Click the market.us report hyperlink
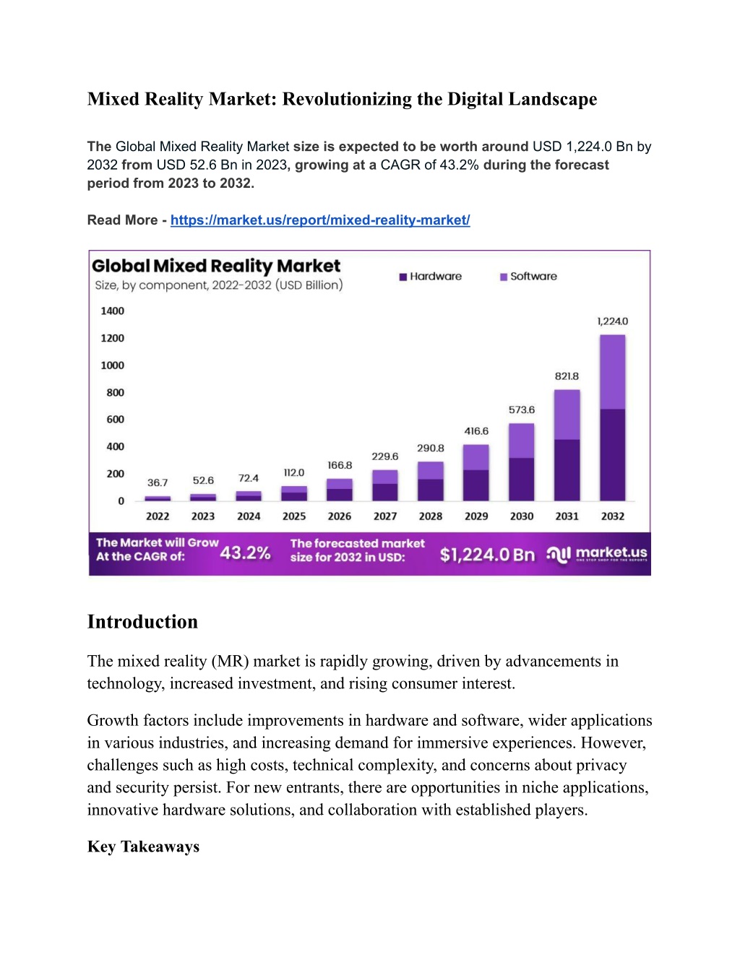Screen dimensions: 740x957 point(320,220)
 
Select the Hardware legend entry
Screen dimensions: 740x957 point(431,277)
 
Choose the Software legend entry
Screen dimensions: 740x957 point(528,277)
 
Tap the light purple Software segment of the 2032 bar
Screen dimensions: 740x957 point(612,372)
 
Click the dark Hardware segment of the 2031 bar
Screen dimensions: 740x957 point(567,470)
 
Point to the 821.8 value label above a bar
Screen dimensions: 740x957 point(567,376)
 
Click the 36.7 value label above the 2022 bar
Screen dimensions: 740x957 point(158,482)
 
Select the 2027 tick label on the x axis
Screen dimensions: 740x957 point(385,516)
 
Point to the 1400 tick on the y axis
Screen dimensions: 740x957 point(112,311)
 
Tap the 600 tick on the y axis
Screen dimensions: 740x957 point(115,419)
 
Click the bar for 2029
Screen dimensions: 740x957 point(476,472)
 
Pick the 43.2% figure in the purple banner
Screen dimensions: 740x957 point(245,553)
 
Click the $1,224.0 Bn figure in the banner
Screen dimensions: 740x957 point(487,555)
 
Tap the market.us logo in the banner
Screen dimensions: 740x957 point(596,554)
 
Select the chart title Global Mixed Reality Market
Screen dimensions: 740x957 point(216,266)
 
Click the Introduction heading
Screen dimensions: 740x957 point(142,622)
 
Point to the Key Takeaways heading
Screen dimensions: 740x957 point(143,846)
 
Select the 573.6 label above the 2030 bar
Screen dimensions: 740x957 point(522,410)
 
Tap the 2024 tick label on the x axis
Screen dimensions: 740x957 point(249,516)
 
